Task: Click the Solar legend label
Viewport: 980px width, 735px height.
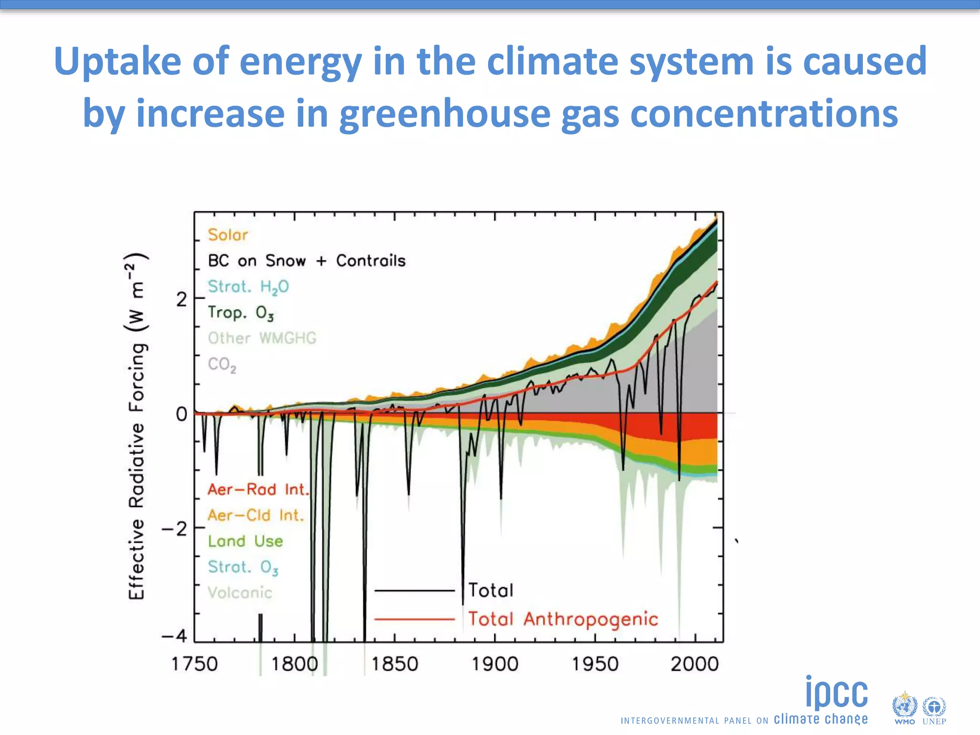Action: coord(228,235)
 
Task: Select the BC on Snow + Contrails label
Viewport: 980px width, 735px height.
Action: coord(306,261)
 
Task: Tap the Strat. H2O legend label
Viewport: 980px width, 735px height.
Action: coord(248,287)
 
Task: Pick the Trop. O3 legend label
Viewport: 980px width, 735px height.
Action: coord(241,312)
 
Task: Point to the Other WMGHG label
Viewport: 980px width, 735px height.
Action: coord(262,338)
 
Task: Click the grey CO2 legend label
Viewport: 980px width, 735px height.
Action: coord(222,365)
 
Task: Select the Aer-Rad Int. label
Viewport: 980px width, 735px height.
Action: coord(258,490)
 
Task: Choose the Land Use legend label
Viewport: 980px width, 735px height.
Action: coord(245,541)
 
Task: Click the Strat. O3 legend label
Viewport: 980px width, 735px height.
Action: coord(243,567)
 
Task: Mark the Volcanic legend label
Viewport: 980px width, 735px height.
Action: coord(240,593)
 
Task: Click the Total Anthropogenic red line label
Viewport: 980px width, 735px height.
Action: coord(563,619)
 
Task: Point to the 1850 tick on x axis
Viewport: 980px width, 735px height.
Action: coord(394,664)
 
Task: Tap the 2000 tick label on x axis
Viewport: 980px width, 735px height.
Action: coord(694,664)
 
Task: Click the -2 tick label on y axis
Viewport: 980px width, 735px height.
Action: coord(175,529)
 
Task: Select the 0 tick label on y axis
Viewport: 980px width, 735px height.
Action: coord(181,414)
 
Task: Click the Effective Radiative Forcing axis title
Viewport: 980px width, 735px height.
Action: coord(137,426)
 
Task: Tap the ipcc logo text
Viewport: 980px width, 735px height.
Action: coord(836,693)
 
